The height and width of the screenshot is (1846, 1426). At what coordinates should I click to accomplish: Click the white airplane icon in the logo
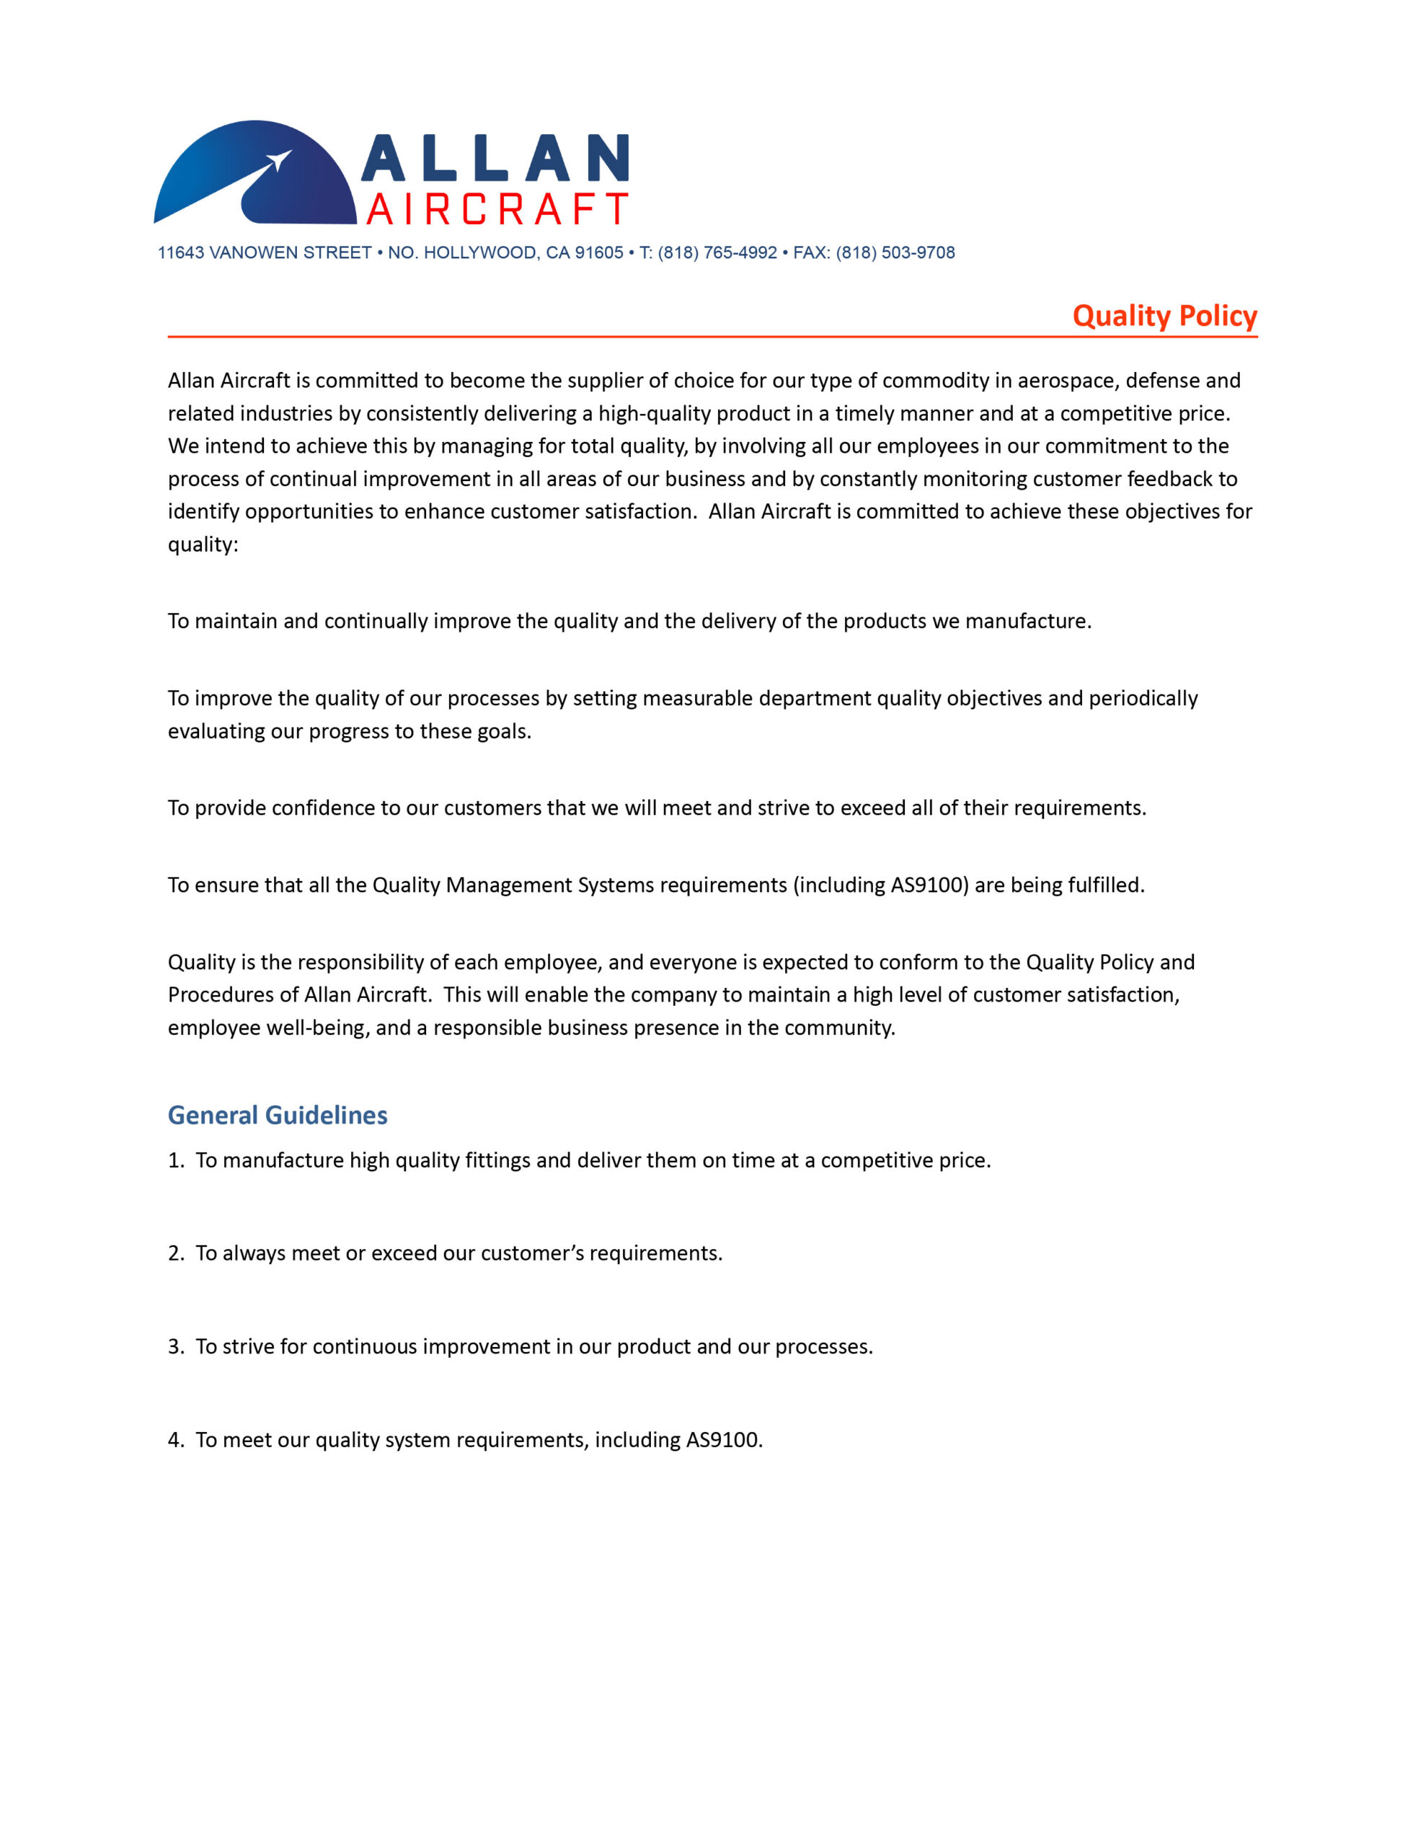click(279, 160)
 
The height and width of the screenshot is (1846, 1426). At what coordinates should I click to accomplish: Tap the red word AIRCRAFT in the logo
click(497, 209)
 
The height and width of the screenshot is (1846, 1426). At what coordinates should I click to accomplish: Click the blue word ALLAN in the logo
click(495, 158)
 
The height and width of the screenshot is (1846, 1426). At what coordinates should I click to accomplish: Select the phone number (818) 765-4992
click(717, 252)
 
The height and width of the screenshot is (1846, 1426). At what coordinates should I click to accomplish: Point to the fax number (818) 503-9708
click(895, 252)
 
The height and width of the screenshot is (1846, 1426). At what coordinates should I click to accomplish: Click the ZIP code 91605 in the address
click(598, 252)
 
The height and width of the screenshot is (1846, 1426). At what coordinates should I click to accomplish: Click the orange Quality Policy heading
click(1164, 315)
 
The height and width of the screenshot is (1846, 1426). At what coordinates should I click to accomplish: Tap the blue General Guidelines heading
click(278, 1115)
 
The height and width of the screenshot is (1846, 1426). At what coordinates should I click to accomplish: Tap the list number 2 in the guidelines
click(174, 1253)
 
